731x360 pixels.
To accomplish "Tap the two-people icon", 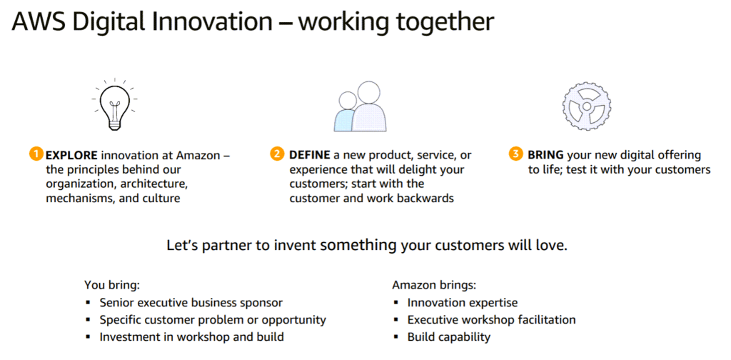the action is click(x=360, y=107).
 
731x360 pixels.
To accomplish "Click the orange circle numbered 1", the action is click(x=36, y=154).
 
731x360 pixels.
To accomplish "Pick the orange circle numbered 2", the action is click(x=277, y=154).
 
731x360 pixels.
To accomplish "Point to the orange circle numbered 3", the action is click(x=515, y=154).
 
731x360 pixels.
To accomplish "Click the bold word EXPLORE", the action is click(x=72, y=155).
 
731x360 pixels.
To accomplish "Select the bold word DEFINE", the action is click(x=310, y=155).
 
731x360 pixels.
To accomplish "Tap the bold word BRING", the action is click(x=543, y=155).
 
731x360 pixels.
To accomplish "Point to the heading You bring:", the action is click(x=112, y=285).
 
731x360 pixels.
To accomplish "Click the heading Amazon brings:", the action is click(x=434, y=285).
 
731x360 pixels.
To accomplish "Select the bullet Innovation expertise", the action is click(x=463, y=303).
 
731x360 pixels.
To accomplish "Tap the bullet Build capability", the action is click(x=449, y=336).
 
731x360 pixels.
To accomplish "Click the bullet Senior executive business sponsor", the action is click(x=191, y=303).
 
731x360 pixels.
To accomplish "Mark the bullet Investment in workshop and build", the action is click(x=191, y=336).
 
